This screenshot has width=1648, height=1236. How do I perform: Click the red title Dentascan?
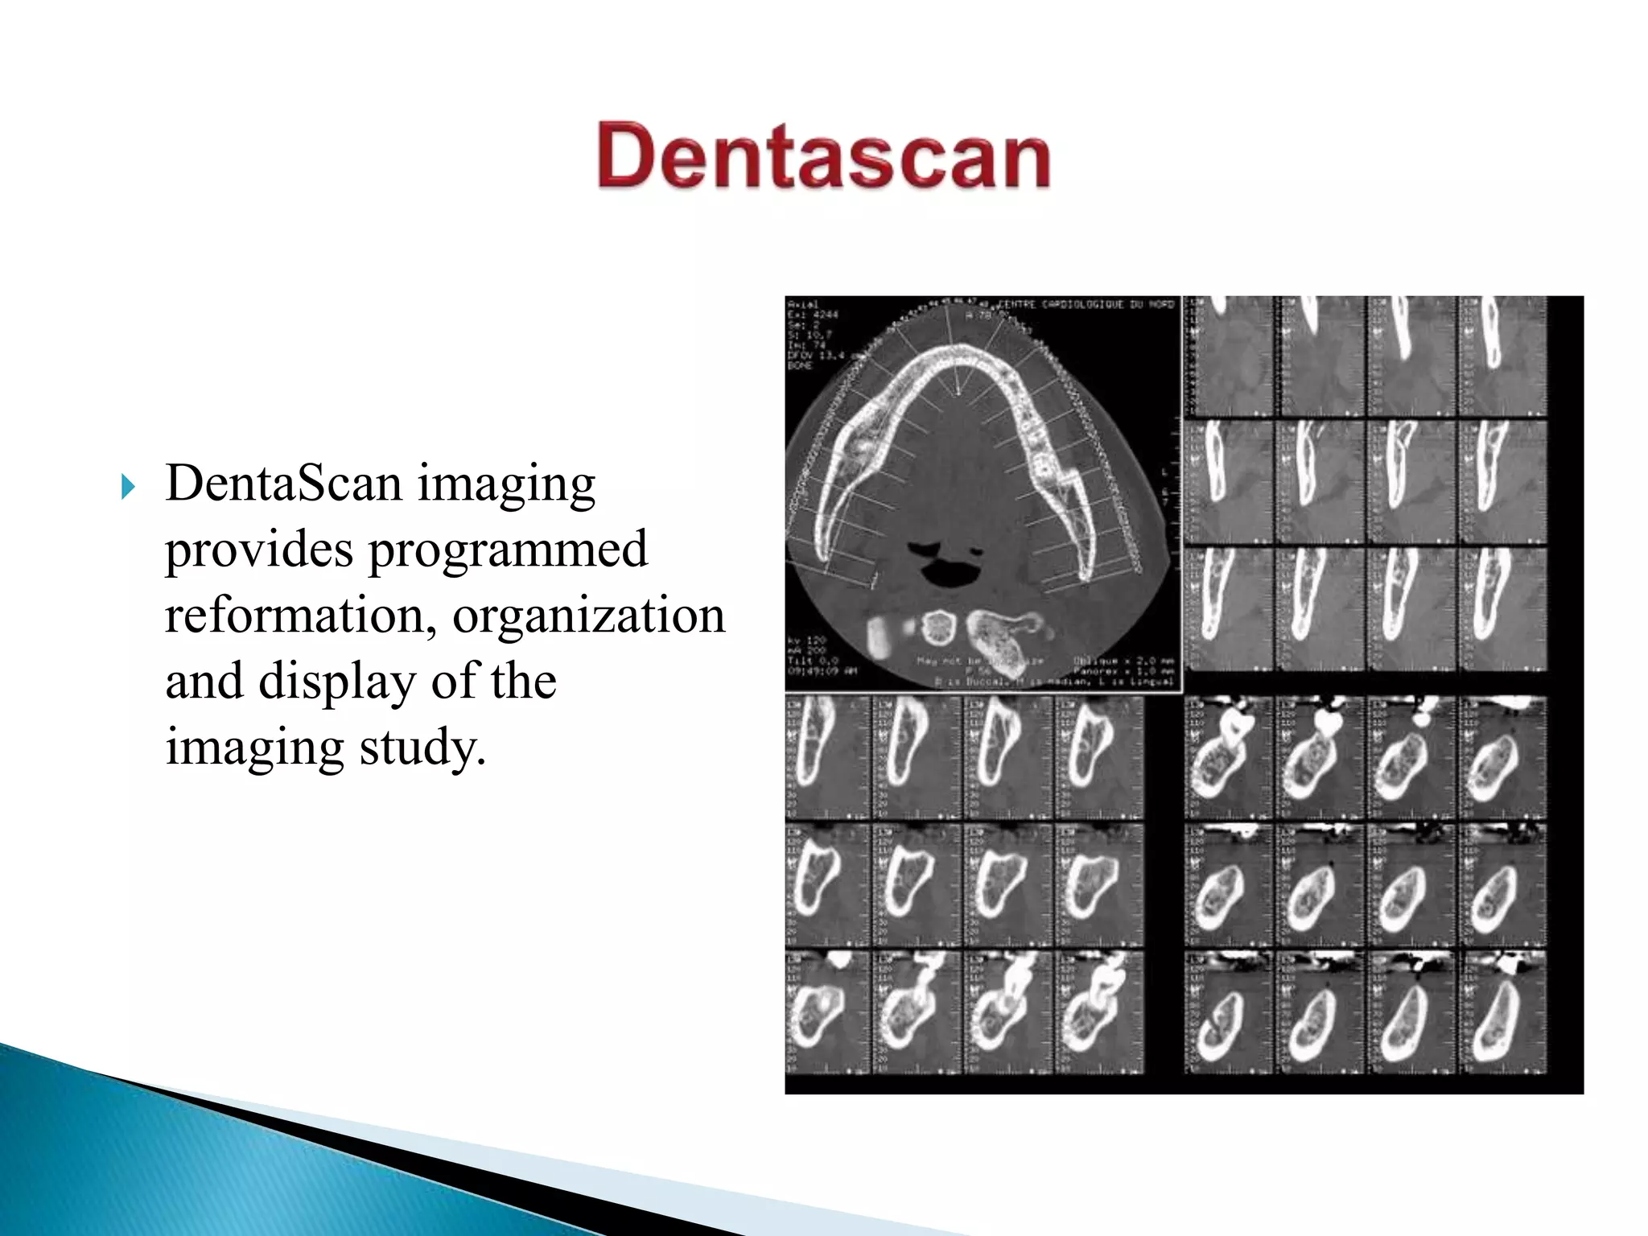click(823, 156)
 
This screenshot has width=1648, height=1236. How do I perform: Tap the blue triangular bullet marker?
click(128, 487)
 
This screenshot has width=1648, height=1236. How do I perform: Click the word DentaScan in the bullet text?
click(283, 484)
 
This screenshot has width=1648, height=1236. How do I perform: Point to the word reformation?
click(295, 616)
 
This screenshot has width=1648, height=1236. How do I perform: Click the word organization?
click(588, 616)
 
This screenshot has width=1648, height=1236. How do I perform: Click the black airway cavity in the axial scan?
click(950, 572)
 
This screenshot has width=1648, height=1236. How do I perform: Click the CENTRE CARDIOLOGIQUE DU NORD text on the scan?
click(1086, 305)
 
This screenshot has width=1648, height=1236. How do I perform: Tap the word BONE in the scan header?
click(800, 365)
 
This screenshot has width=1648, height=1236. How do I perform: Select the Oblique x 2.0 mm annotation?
click(1123, 661)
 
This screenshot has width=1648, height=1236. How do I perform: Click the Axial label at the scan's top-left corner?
click(802, 304)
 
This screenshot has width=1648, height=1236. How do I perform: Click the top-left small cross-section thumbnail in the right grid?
click(1229, 356)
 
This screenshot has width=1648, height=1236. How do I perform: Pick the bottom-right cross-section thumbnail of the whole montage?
click(1502, 1012)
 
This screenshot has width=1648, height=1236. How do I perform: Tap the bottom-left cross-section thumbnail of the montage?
click(827, 1012)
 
